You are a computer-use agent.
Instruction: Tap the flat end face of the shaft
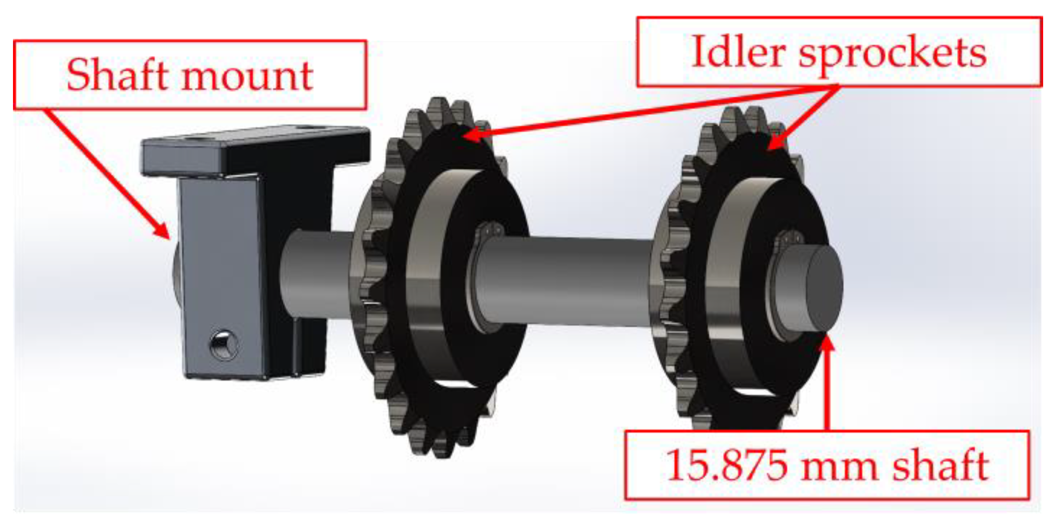824,289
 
